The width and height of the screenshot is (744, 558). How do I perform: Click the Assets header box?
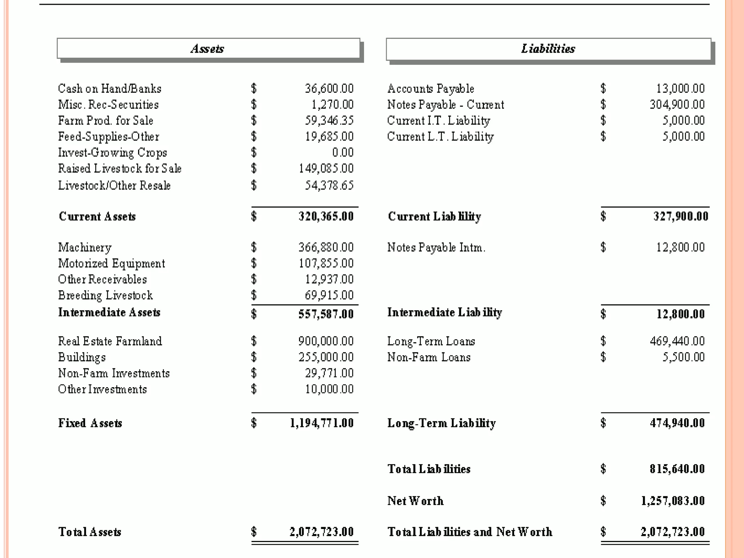click(208, 48)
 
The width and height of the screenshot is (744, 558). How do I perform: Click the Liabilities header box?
click(548, 49)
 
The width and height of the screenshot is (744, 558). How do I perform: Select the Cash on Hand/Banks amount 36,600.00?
click(329, 88)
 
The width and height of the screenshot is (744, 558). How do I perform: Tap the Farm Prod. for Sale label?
click(106, 120)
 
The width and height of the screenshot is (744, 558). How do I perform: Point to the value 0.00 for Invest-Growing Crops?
click(343, 152)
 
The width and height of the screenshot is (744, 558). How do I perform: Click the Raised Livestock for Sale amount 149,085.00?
click(326, 168)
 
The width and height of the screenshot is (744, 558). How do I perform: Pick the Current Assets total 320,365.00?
click(326, 217)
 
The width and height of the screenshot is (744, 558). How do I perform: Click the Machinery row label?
click(85, 247)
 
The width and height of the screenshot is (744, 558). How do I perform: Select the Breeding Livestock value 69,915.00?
click(329, 295)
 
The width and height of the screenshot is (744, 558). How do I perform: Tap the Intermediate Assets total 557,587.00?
click(326, 314)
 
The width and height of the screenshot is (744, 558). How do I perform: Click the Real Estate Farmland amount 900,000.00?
click(326, 341)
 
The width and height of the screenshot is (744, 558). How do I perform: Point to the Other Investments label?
click(102, 389)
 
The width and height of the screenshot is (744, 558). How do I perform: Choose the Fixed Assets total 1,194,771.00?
click(322, 423)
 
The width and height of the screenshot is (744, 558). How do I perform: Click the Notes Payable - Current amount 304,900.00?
click(677, 105)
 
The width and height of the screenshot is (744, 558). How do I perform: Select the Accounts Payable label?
click(430, 88)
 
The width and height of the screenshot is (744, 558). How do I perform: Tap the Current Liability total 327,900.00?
click(681, 217)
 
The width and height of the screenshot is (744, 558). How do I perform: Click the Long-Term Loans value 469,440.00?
click(677, 341)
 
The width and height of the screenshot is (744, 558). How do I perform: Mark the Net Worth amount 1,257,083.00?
click(673, 501)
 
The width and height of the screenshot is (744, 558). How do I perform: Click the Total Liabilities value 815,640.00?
click(677, 469)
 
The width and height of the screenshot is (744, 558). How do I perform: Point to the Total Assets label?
click(90, 532)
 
